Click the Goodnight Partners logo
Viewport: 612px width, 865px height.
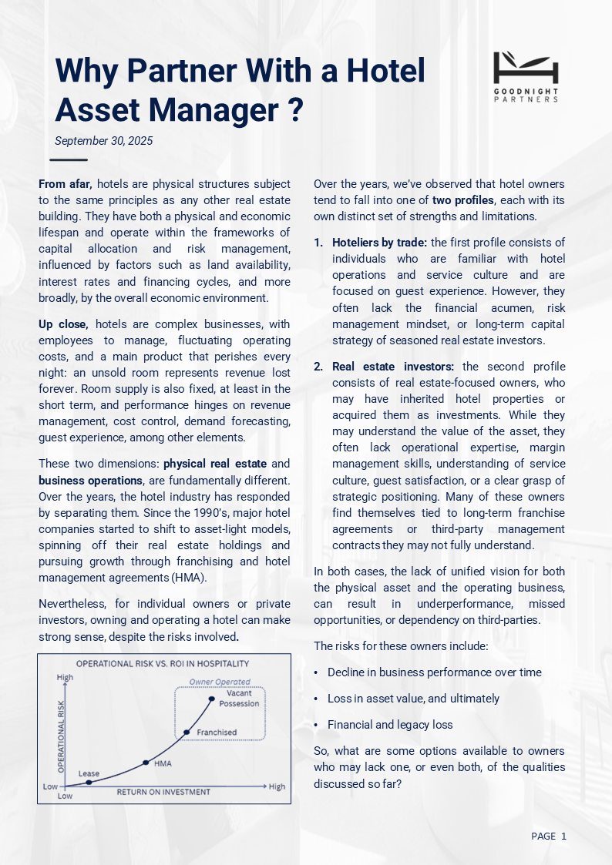coord(526,76)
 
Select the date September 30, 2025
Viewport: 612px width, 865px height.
coord(104,141)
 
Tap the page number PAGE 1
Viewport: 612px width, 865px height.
coord(549,836)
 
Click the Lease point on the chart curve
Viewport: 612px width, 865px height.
coord(89,782)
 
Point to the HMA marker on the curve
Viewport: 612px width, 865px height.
coord(146,763)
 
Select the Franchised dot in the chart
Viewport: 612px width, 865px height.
coord(186,732)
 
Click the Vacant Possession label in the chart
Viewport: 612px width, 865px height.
coord(239,698)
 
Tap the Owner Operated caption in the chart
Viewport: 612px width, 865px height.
coord(220,682)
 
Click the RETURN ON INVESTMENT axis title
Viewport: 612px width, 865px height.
coord(163,792)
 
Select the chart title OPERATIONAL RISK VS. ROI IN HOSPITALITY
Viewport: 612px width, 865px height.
coord(162,663)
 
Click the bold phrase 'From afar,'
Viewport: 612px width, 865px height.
coord(66,184)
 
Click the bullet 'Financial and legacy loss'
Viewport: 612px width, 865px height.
coord(390,725)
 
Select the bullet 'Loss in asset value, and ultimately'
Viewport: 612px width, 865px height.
coord(413,699)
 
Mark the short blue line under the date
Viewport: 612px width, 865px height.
coord(69,160)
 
